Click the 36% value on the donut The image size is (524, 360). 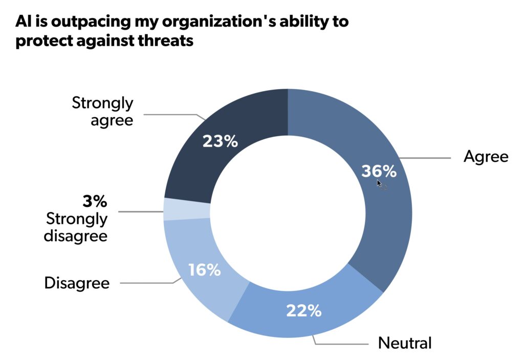379,171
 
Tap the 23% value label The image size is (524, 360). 220,141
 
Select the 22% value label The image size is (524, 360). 303,310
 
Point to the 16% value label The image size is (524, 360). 204,270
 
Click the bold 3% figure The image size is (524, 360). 95,201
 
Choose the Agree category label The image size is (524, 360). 486,157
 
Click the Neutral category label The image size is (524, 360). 405,343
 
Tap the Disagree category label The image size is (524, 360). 77,283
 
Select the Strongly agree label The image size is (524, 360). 102,111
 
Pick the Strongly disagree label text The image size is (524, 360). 77,227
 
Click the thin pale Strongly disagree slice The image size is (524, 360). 187,209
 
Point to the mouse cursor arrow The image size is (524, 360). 380,183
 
